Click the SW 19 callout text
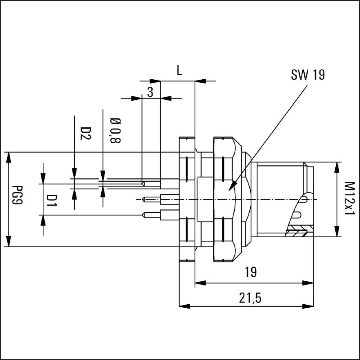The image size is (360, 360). [x=308, y=74]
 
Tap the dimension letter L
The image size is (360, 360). [x=179, y=70]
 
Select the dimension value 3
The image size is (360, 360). [x=150, y=92]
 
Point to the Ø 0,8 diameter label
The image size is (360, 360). [x=115, y=130]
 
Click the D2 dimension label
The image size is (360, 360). [x=85, y=133]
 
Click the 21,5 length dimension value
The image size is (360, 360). [x=250, y=298]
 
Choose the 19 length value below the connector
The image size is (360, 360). [x=250, y=272]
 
